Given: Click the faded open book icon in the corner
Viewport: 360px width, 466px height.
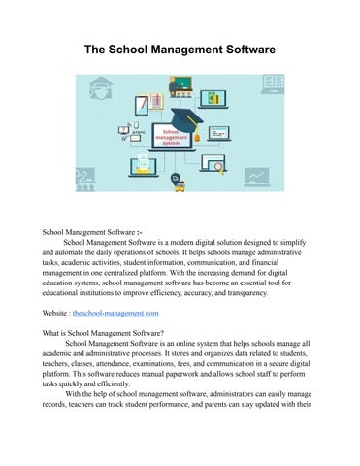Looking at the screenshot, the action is [273, 83].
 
